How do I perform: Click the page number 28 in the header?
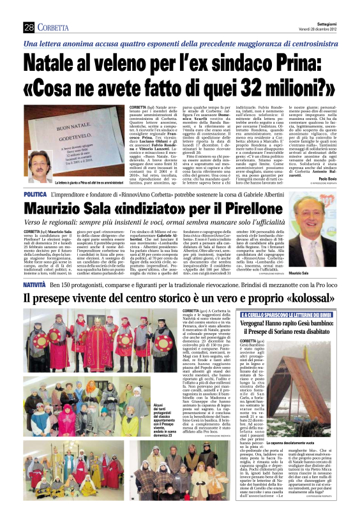point(28,27)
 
